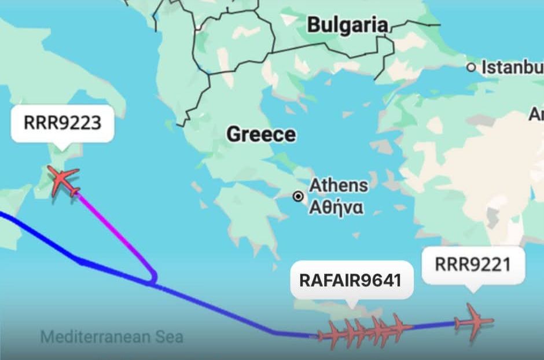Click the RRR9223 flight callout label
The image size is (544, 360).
(x=62, y=123)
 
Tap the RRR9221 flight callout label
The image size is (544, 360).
(x=473, y=265)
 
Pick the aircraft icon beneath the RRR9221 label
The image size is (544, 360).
(x=473, y=322)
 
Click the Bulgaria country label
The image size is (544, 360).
(x=347, y=25)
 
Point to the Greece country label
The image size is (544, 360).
(x=261, y=134)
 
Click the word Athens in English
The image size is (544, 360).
(x=339, y=186)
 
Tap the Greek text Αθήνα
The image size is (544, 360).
(x=336, y=207)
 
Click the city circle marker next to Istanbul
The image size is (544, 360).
(x=472, y=68)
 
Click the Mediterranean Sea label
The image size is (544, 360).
(x=112, y=336)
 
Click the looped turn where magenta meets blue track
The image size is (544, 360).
(x=152, y=280)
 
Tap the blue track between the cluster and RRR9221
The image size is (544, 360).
(x=434, y=326)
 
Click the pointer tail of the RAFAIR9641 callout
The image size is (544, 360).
(x=351, y=303)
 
